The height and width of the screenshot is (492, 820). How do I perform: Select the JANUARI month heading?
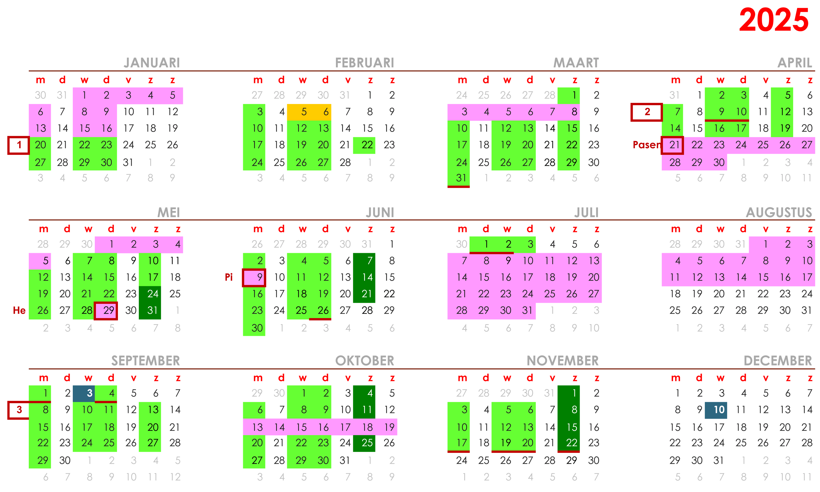(x=152, y=63)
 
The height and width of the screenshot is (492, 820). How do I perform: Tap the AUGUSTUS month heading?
(x=779, y=212)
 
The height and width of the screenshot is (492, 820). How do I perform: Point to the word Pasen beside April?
(x=646, y=145)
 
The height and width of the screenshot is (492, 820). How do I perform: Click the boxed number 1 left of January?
(x=19, y=145)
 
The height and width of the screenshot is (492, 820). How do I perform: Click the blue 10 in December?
(x=716, y=410)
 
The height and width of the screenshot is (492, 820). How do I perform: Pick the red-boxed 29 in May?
(x=106, y=310)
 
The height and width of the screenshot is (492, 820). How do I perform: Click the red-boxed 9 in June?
(x=254, y=277)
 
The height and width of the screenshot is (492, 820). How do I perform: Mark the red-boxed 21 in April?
(x=672, y=145)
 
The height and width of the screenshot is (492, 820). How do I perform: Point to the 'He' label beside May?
(x=19, y=310)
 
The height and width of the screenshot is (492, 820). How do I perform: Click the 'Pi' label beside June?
(x=229, y=277)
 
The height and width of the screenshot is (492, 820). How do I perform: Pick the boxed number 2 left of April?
(x=647, y=112)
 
